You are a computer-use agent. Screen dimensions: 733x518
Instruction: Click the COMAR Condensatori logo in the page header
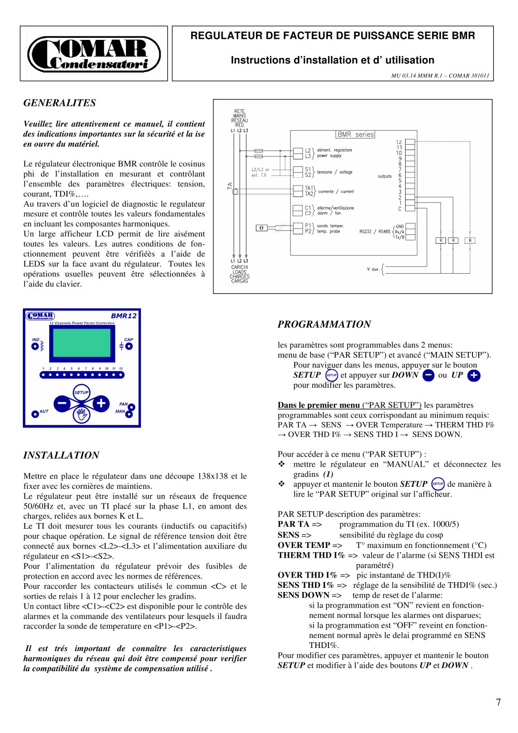click(x=94, y=54)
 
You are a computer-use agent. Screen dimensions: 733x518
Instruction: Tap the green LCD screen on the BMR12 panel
click(x=82, y=346)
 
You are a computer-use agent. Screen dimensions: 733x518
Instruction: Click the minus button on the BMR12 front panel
click(x=62, y=403)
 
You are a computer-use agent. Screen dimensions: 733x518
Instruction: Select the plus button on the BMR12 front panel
click(x=101, y=403)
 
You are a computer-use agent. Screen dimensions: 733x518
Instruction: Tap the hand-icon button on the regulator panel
click(x=81, y=414)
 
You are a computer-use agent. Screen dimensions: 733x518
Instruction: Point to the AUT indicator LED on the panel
click(x=35, y=414)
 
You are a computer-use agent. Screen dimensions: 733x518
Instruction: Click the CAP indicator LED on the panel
click(x=129, y=346)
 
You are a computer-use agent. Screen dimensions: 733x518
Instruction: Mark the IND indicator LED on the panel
click(x=35, y=346)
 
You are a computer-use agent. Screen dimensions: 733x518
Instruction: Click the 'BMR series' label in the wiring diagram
click(x=355, y=134)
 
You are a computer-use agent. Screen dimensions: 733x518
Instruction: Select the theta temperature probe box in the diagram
click(x=262, y=228)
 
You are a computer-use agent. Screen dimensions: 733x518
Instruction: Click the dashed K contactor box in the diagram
click(x=470, y=241)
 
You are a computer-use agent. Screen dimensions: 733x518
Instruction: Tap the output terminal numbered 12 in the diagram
click(x=410, y=142)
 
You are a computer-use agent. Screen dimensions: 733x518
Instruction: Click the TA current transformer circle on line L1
click(x=235, y=191)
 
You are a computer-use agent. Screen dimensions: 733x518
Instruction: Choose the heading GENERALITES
click(x=60, y=103)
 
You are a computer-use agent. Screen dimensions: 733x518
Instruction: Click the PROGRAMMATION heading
click(x=324, y=325)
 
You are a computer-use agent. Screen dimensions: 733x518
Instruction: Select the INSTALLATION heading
click(x=61, y=456)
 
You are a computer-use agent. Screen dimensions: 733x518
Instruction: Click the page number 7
click(x=498, y=702)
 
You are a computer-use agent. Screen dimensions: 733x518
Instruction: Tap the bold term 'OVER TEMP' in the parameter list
click(x=304, y=545)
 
